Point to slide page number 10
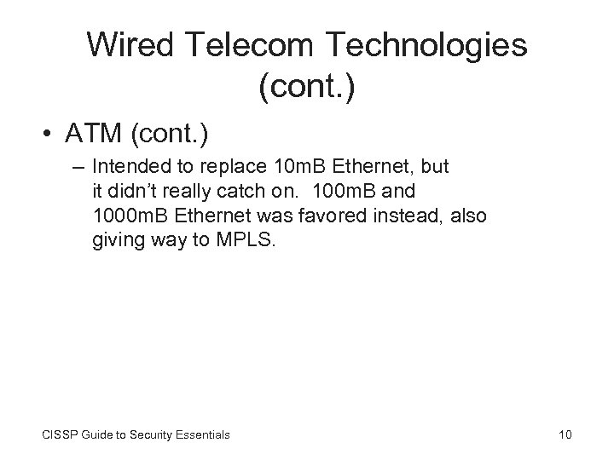(x=565, y=434)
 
